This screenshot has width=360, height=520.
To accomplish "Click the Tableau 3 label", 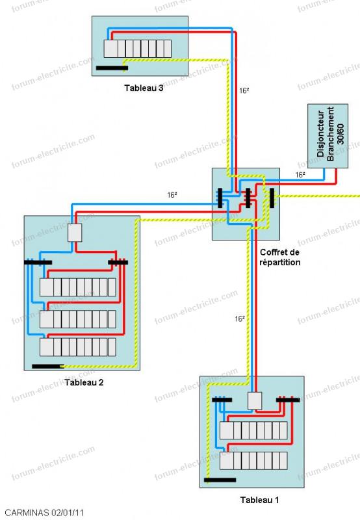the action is click(x=144, y=88).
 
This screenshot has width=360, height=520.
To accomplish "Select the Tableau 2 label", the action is click(x=84, y=382).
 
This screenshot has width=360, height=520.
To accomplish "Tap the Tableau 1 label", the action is click(x=259, y=500).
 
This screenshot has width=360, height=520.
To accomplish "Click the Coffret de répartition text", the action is click(x=280, y=257).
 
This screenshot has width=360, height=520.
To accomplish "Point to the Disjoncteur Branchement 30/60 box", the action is click(x=328, y=136).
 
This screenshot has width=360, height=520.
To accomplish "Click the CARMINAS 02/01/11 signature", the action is click(x=44, y=512).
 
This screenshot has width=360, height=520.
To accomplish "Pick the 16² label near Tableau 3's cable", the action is click(x=244, y=90).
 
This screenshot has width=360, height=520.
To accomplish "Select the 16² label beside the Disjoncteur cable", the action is click(x=300, y=175).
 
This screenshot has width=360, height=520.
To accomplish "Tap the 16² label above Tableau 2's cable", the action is click(x=172, y=195).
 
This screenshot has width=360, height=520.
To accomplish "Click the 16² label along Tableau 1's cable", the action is click(x=240, y=319).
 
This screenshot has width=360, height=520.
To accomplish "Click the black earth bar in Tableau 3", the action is click(x=112, y=68).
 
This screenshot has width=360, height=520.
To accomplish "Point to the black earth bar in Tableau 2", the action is click(x=48, y=367).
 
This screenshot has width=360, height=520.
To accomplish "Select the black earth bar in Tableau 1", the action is click(x=220, y=480).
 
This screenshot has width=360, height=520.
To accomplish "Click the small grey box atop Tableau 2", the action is click(x=75, y=233).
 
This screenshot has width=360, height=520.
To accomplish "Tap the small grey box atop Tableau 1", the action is click(x=255, y=401).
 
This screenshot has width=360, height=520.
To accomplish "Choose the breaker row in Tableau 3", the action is click(x=138, y=49).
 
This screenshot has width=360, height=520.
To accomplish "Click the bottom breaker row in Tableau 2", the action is click(x=78, y=347).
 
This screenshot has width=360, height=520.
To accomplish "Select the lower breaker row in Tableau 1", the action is click(x=253, y=461).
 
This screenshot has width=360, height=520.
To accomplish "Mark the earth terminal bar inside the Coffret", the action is click(x=272, y=198).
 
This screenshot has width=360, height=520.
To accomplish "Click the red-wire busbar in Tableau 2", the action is click(x=118, y=263).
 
